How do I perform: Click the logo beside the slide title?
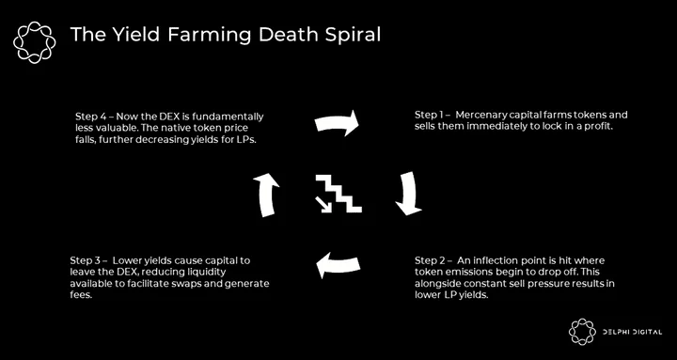click(35, 42)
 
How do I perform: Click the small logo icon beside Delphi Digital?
click(582, 332)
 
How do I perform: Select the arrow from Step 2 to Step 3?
click(338, 265)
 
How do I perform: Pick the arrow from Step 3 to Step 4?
click(266, 195)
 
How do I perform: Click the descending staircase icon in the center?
click(339, 193)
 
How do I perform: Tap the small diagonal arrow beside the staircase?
click(323, 205)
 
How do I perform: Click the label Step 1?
click(429, 116)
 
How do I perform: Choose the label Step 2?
click(430, 261)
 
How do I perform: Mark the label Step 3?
click(85, 261)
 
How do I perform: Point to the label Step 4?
click(90, 117)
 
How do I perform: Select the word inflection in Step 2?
click(498, 261)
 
